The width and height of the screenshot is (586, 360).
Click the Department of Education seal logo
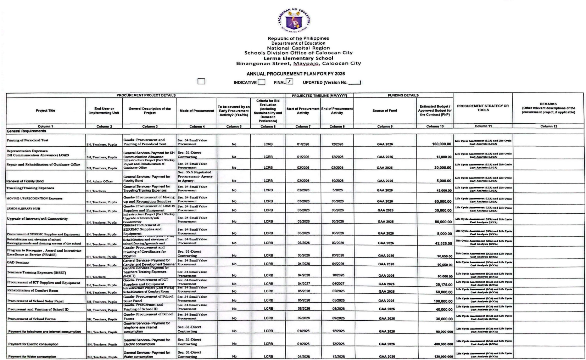[294, 21]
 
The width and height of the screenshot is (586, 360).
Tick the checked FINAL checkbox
[290, 82]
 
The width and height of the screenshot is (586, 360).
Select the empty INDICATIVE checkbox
[261, 82]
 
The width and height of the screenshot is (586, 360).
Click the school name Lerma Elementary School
[298, 58]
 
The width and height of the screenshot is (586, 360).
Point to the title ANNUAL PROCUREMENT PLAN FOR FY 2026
[296, 74]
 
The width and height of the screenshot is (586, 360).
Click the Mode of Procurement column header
[197, 111]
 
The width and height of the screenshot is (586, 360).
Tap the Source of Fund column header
[385, 111]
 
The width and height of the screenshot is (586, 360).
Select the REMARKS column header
[548, 108]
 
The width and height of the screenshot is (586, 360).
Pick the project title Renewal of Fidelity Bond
[25, 181]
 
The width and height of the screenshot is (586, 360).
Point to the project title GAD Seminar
[18, 263]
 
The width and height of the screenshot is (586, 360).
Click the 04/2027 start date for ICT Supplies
[303, 284]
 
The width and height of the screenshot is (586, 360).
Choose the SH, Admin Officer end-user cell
[100, 181]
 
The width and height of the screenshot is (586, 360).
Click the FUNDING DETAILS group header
[403, 95]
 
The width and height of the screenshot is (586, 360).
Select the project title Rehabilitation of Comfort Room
[33, 291]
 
